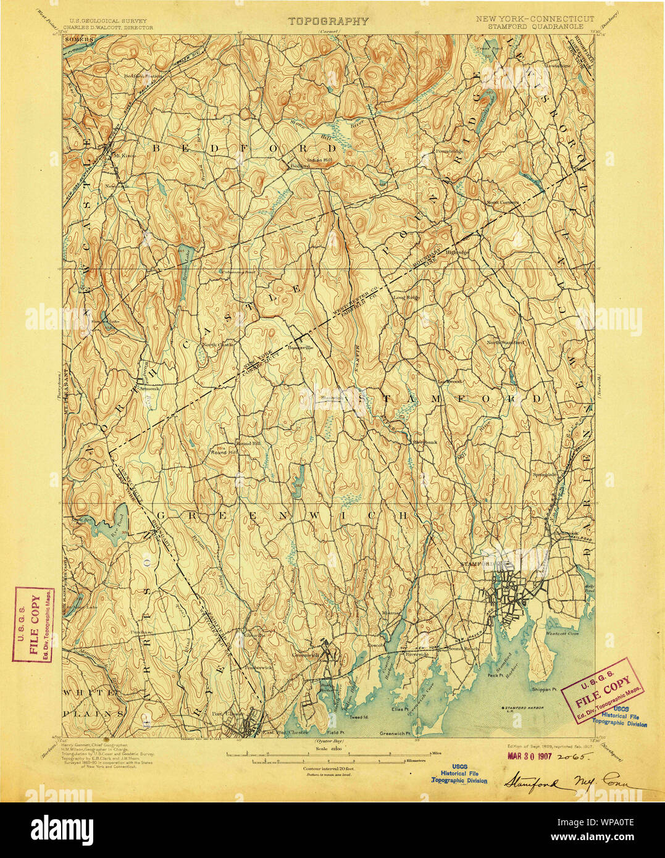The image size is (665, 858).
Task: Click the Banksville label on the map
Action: tap(301, 348)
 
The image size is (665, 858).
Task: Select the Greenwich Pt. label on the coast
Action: tap(396, 733)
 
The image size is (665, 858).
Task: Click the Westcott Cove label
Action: tap(561, 633)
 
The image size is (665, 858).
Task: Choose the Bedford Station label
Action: tap(143, 76)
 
